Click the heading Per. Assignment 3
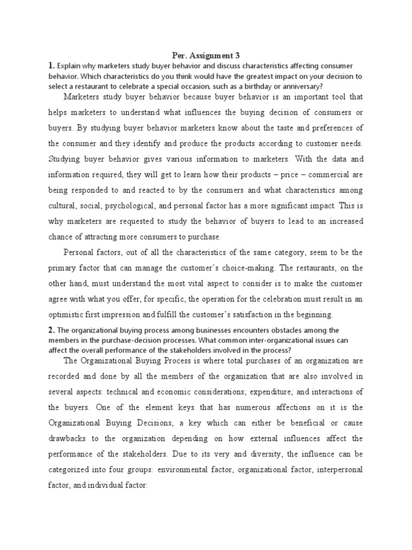(206, 55)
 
